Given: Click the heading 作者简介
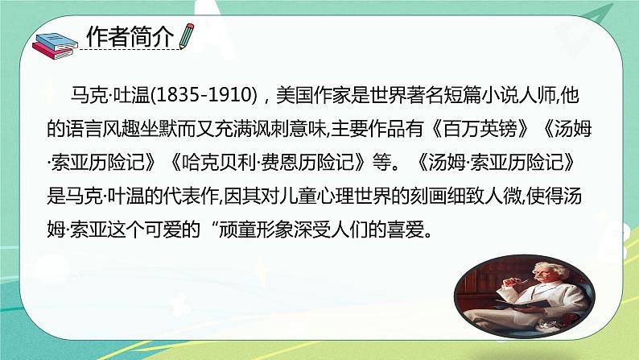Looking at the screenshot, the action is click(x=130, y=37).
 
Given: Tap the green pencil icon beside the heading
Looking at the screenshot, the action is click(x=186, y=36).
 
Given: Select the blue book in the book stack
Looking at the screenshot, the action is click(x=56, y=42).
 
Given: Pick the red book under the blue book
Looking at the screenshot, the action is click(x=53, y=52).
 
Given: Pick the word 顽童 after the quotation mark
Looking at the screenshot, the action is click(x=237, y=230).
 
